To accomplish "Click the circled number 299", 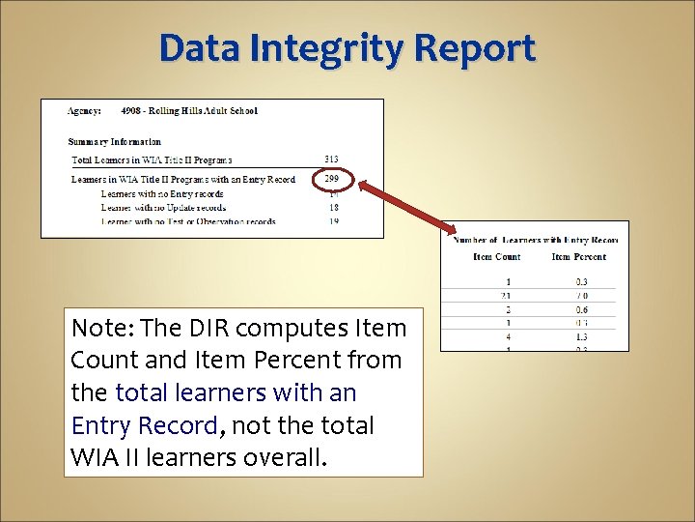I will pyautogui.click(x=331, y=179).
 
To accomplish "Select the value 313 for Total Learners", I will pyautogui.click(x=331, y=159).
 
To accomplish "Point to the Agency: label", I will pyautogui.click(x=85, y=111).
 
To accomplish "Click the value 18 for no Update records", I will pyautogui.click(x=333, y=207).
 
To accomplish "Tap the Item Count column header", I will pyautogui.click(x=496, y=257).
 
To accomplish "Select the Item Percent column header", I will pyautogui.click(x=579, y=257).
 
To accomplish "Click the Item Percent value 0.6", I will pyautogui.click(x=581, y=309).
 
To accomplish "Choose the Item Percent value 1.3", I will pyautogui.click(x=581, y=336).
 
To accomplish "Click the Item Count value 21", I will pyautogui.click(x=506, y=296).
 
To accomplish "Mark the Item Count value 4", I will pyautogui.click(x=508, y=336).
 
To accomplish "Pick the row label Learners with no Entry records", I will pyautogui.click(x=161, y=193).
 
